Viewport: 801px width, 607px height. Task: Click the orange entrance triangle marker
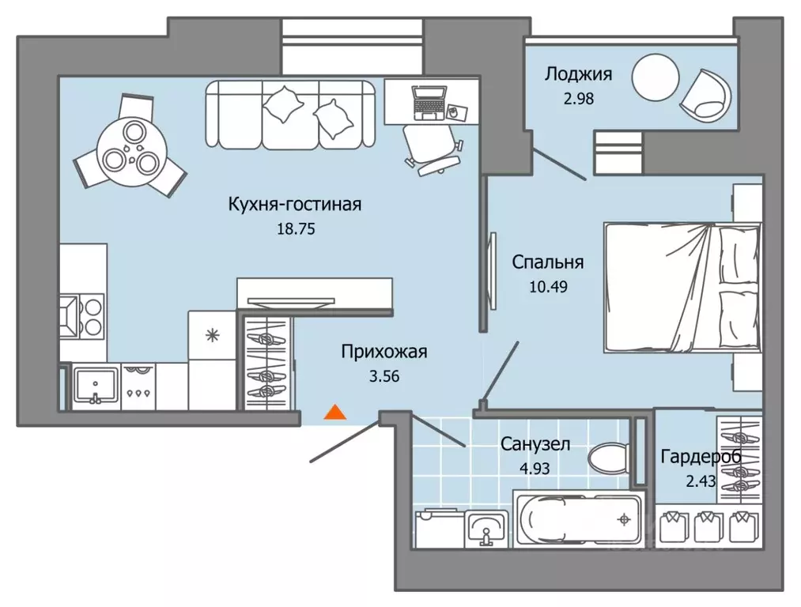pos(336,411)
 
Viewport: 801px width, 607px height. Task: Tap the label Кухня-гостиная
pos(294,205)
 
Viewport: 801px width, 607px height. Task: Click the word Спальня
pos(547,262)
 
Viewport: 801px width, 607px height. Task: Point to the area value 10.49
pos(547,285)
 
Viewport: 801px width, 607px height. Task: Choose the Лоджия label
pos(578,75)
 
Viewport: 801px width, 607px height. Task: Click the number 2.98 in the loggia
pos(578,99)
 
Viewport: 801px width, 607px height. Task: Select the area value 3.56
pos(383,376)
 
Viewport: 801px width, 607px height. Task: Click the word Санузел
pos(535,444)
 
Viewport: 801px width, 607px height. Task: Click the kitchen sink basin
pos(95,385)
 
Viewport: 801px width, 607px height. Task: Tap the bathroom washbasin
pos(486,526)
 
